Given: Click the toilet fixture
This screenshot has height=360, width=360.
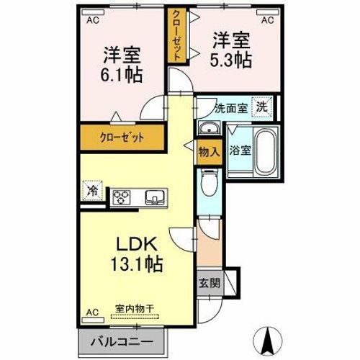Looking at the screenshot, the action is [x=210, y=182].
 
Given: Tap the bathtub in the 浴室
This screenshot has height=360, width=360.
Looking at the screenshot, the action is [x=266, y=153].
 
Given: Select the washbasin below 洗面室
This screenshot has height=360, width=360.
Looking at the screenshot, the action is [x=210, y=127].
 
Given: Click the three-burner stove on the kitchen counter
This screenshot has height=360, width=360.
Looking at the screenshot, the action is [x=122, y=197].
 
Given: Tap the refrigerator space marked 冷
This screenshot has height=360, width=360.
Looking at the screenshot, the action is [x=92, y=191].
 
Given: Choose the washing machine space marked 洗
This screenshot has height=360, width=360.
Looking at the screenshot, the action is [x=262, y=107].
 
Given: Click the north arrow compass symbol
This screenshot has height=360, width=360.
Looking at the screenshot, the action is [x=268, y=341].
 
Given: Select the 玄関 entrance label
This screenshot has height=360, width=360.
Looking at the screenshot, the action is [x=210, y=283].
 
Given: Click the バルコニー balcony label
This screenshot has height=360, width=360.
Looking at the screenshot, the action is [x=122, y=342].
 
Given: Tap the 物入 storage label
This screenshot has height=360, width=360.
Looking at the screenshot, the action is [x=210, y=152].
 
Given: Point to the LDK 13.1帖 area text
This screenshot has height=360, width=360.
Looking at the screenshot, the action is [x=137, y=254].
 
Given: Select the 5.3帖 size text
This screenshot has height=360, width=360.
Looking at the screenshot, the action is [x=231, y=60].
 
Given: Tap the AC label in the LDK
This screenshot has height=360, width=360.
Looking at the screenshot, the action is [x=93, y=312].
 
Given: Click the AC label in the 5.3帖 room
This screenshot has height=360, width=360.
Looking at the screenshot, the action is [x=268, y=20].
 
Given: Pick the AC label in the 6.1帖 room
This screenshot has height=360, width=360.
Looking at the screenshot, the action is [x=93, y=20].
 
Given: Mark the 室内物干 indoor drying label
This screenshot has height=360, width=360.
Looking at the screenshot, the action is [x=135, y=309].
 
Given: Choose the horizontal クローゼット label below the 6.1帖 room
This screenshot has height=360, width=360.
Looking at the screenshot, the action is [x=122, y=138].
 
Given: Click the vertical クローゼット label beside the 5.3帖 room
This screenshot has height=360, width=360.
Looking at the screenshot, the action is [x=177, y=35].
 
